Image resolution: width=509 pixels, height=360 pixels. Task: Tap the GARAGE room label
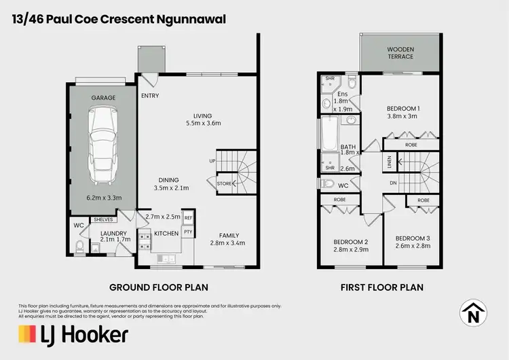coord(103,98)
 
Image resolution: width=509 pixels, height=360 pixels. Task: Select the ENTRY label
coord(150,96)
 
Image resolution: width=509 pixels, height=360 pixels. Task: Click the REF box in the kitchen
coord(189,218)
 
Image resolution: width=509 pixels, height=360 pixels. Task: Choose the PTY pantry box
coord(189,232)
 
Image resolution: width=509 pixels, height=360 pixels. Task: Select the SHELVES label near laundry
coord(104,219)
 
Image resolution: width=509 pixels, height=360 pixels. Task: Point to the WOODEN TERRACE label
coord(400,53)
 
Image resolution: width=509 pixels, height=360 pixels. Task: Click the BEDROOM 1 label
coord(403,108)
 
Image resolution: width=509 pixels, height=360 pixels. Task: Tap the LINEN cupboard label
coord(371,161)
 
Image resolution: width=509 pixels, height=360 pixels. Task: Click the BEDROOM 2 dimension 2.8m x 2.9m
coord(350,250)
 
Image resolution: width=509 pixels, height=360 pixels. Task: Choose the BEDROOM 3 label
coord(413,238)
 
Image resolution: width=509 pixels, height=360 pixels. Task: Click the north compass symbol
coord(474,314)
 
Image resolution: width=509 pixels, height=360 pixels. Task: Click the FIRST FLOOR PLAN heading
coord(381,287)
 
